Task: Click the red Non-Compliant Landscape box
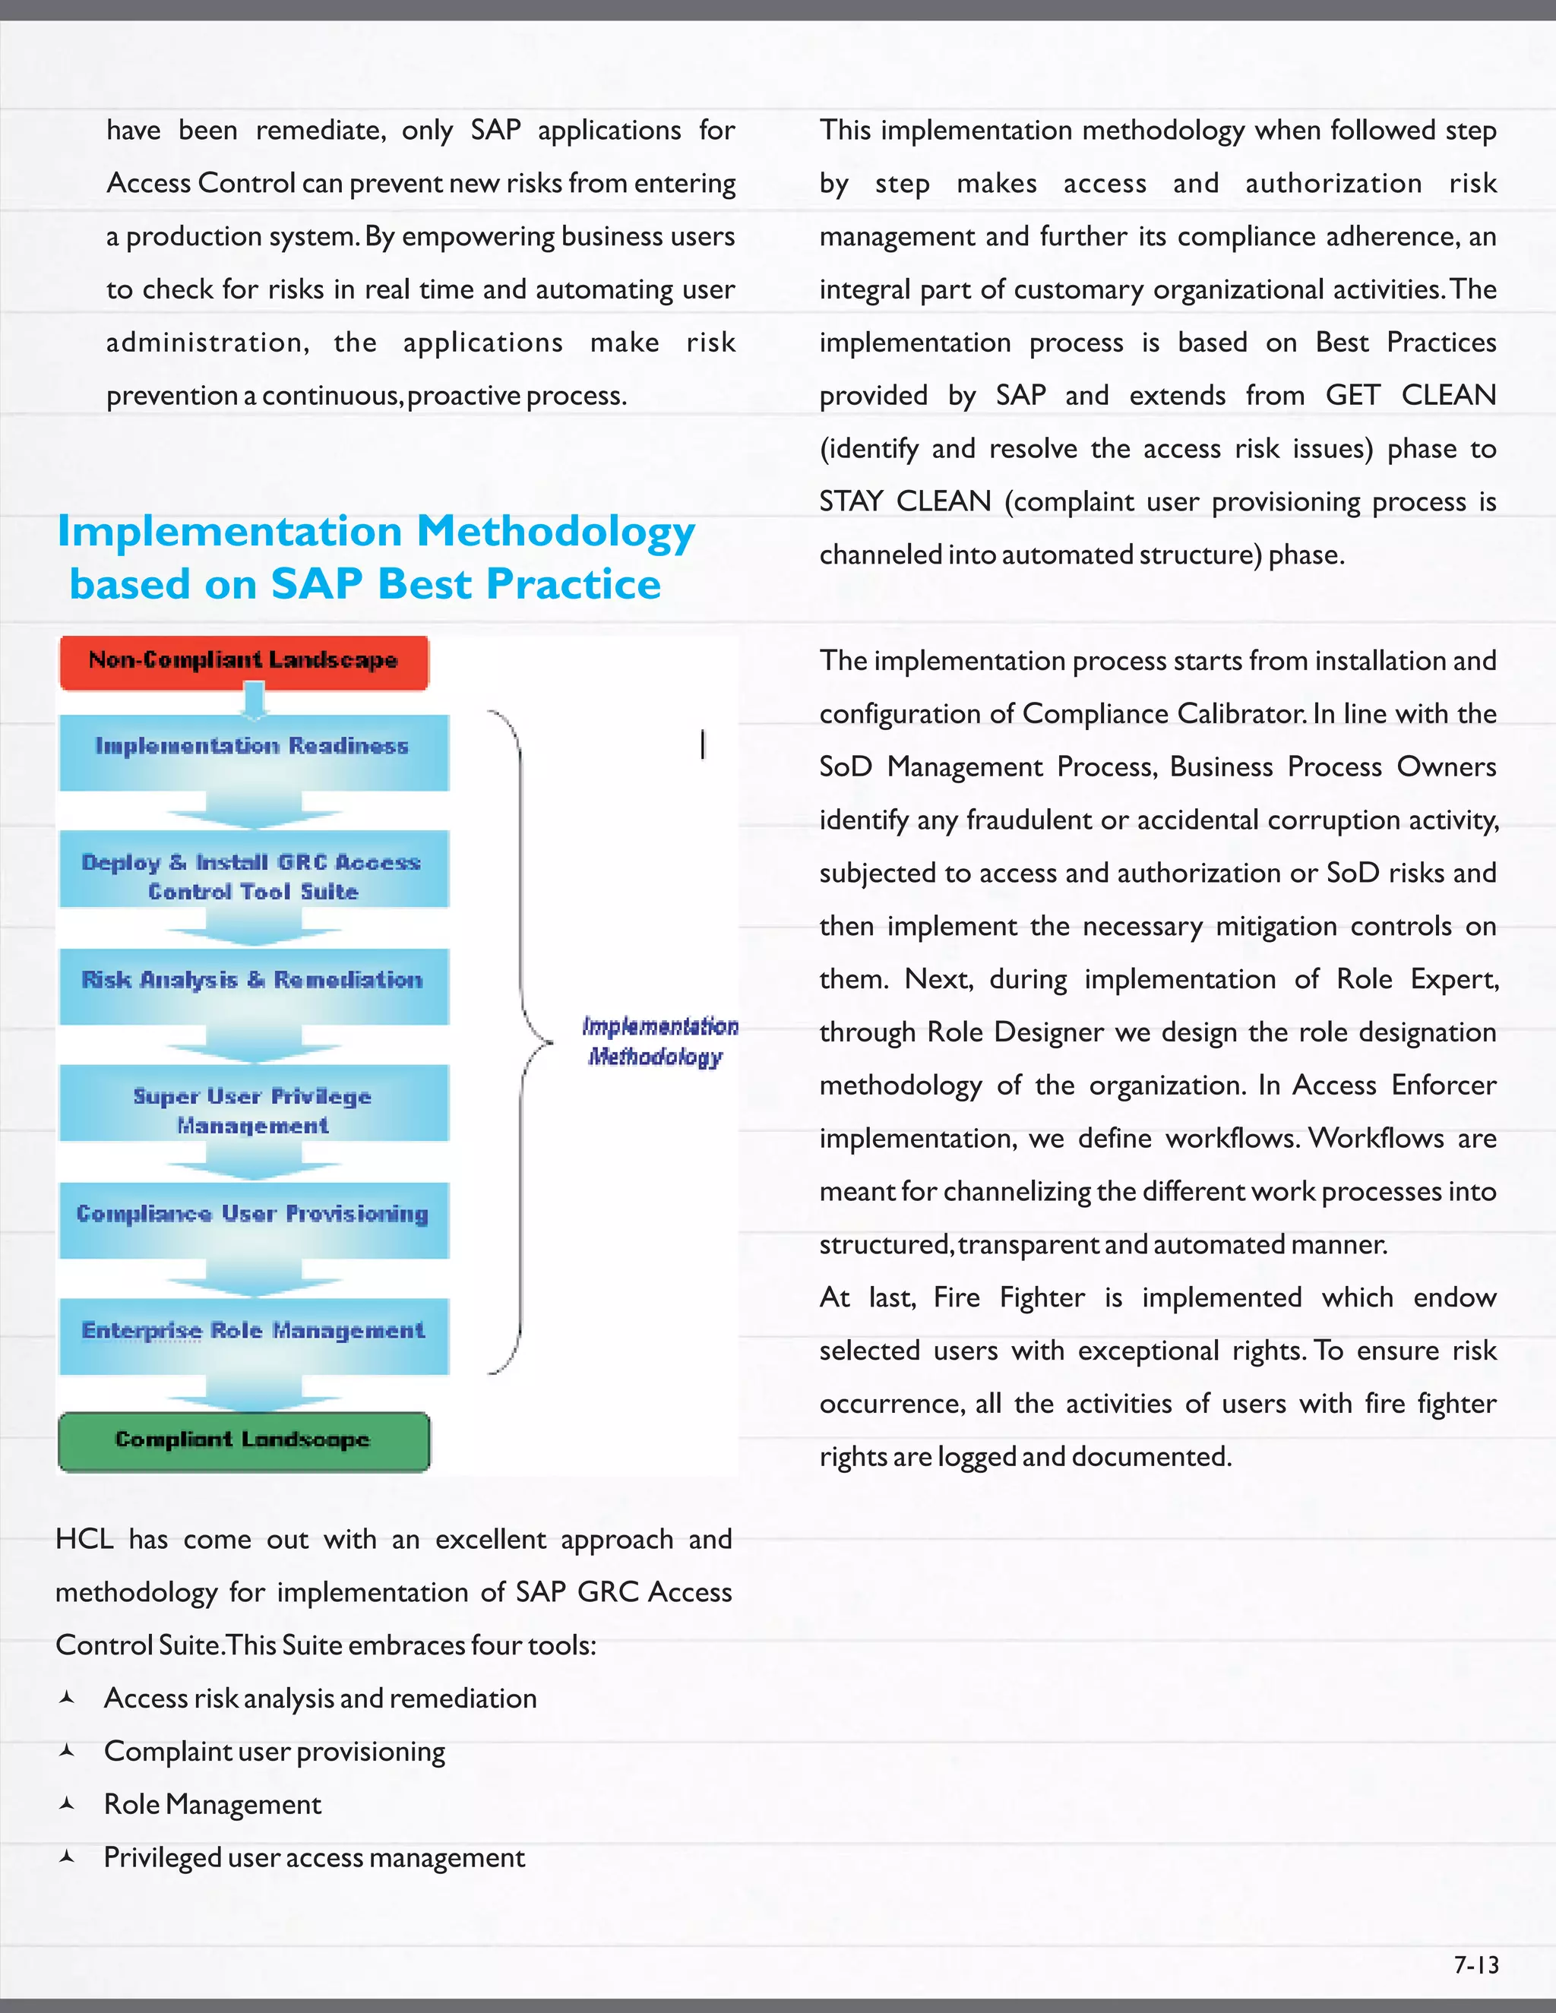click(243, 662)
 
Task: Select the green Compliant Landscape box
click(243, 1440)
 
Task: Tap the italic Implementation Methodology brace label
click(658, 1041)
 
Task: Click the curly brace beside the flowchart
click(520, 1041)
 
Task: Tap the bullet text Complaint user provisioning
click(274, 1751)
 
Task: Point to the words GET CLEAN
click(1409, 396)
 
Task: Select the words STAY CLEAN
click(904, 501)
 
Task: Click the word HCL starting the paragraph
click(84, 1539)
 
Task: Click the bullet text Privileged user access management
click(314, 1857)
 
